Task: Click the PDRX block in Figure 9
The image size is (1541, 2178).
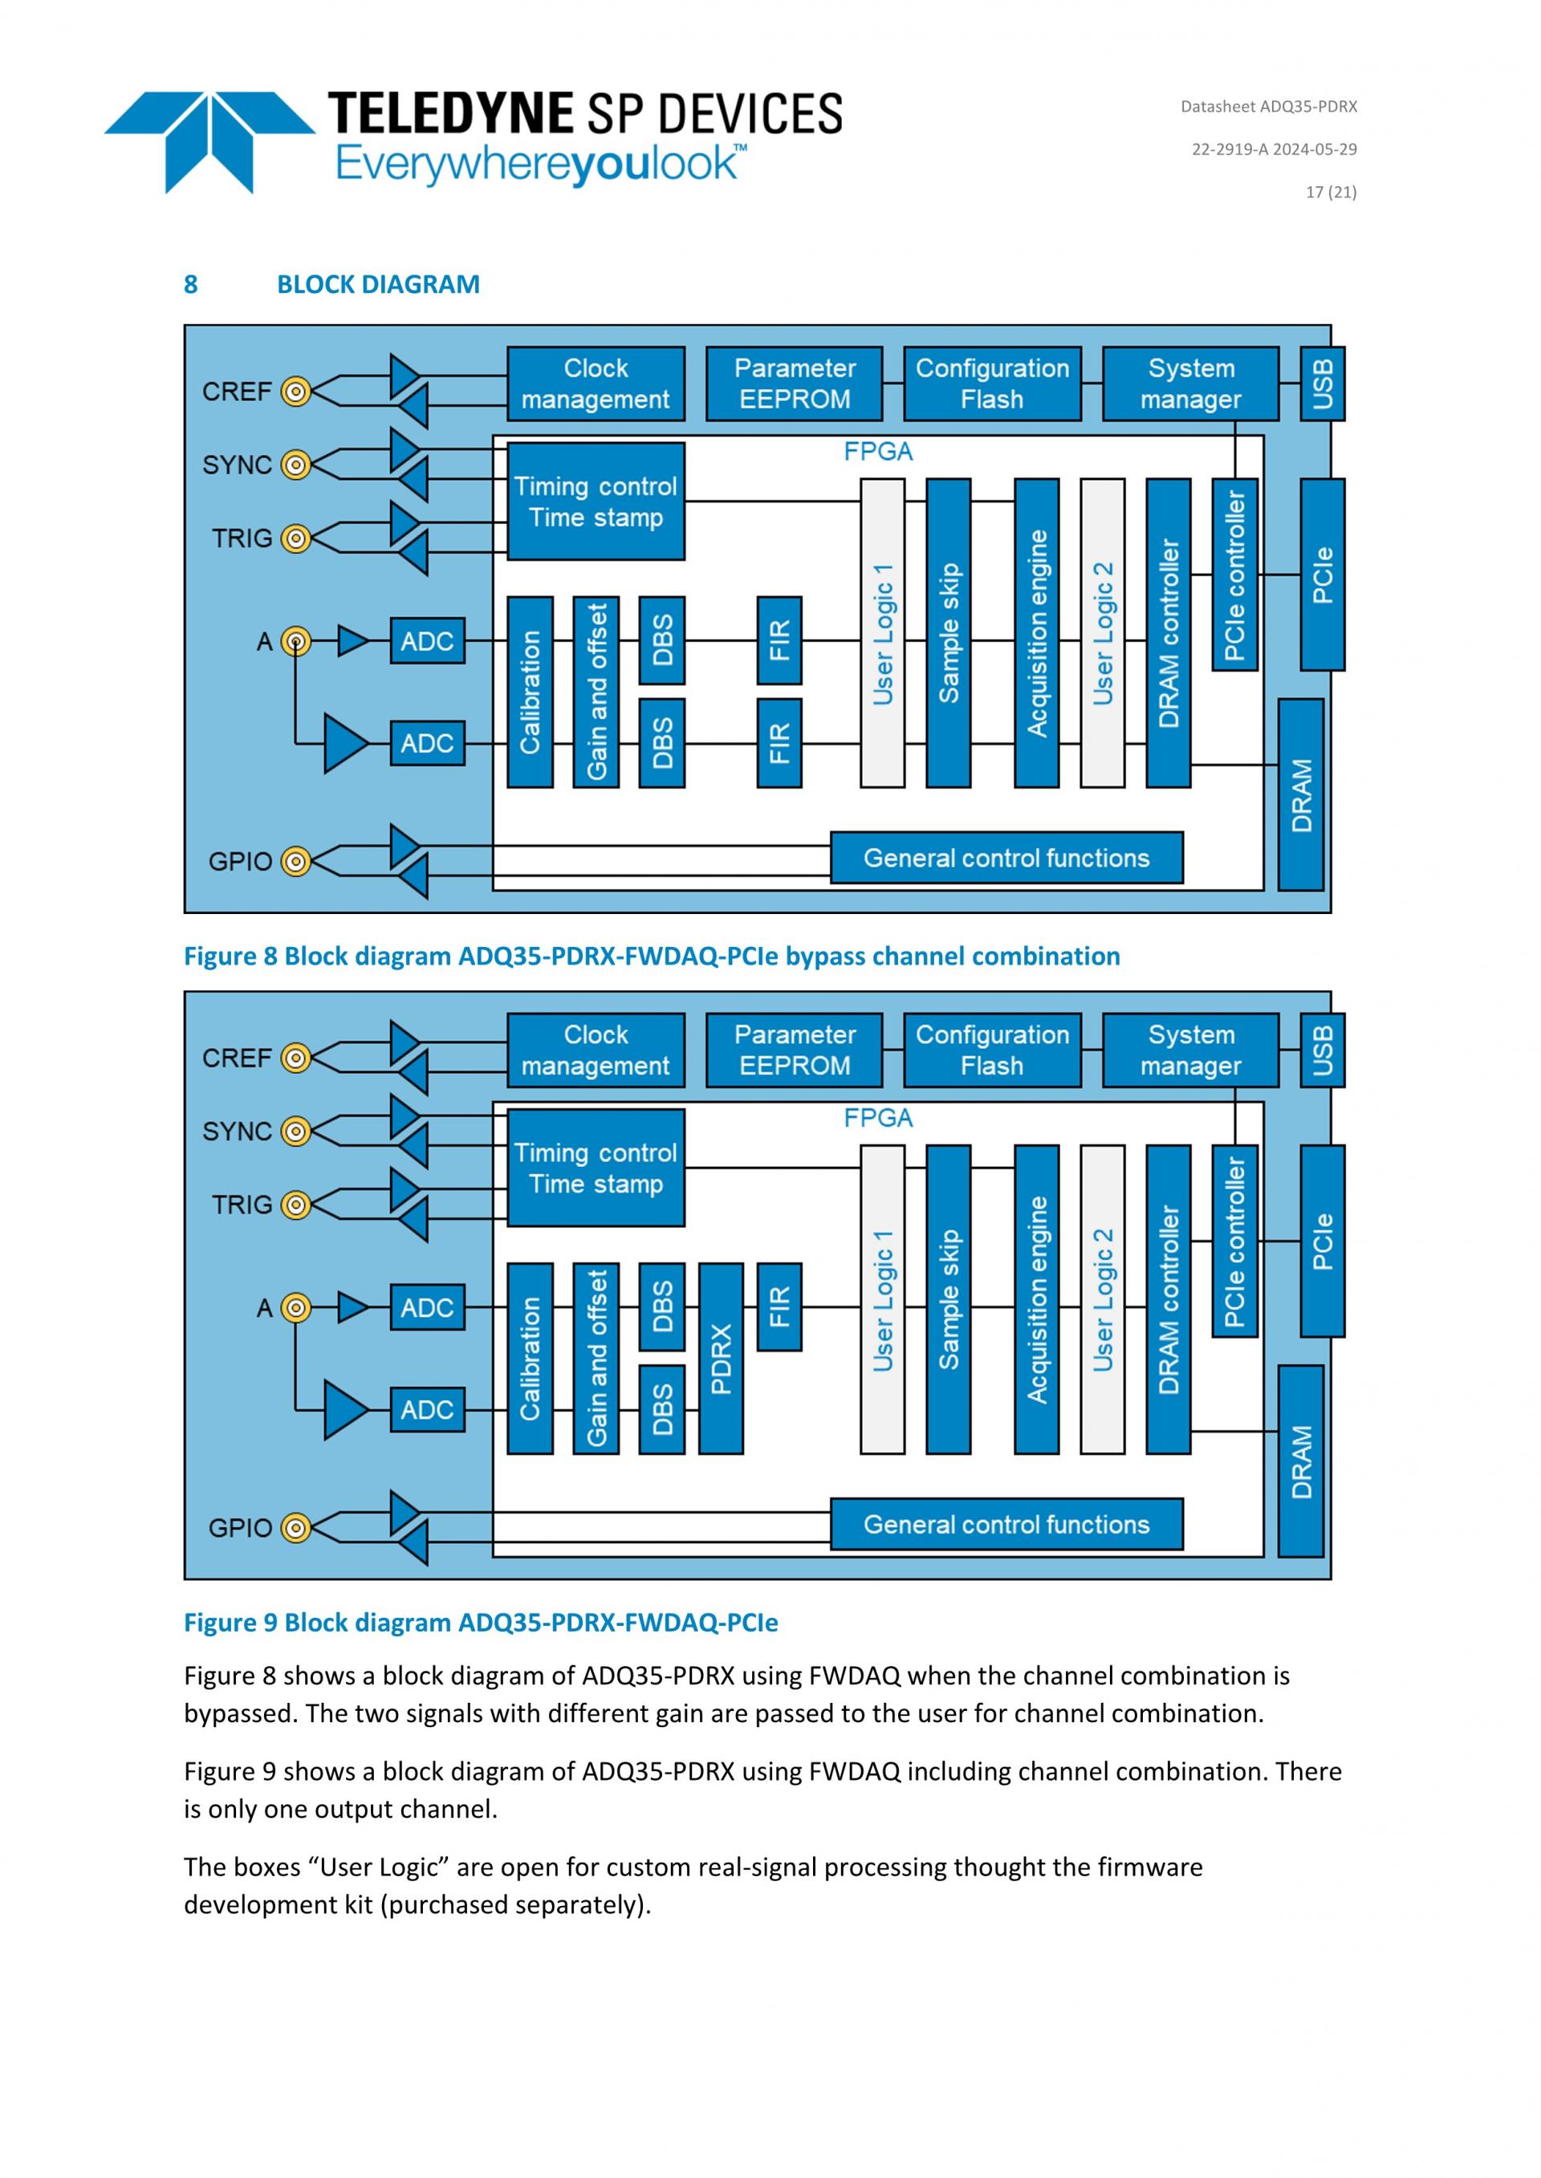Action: [x=720, y=1359]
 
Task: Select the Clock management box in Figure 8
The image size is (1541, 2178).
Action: [x=595, y=384]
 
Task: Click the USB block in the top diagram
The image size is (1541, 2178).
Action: [x=1322, y=384]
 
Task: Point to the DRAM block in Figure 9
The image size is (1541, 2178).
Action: [x=1300, y=1461]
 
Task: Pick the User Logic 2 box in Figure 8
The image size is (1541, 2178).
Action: [x=1102, y=632]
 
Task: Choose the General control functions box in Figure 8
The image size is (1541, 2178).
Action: [x=1006, y=858]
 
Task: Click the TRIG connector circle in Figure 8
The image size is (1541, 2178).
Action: [x=296, y=538]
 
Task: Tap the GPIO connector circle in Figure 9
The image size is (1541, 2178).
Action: [x=296, y=1527]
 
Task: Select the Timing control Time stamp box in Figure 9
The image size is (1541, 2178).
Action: [x=595, y=1168]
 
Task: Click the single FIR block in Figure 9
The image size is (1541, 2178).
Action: [x=779, y=1306]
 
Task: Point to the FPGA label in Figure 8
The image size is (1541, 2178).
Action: [x=878, y=452]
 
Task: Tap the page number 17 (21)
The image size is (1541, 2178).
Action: [x=1331, y=192]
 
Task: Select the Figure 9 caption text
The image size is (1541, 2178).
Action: [x=480, y=1622]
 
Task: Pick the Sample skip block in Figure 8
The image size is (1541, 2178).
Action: [x=948, y=632]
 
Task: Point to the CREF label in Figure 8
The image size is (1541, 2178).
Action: [x=236, y=391]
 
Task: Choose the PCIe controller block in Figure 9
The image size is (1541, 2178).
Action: [x=1234, y=1241]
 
